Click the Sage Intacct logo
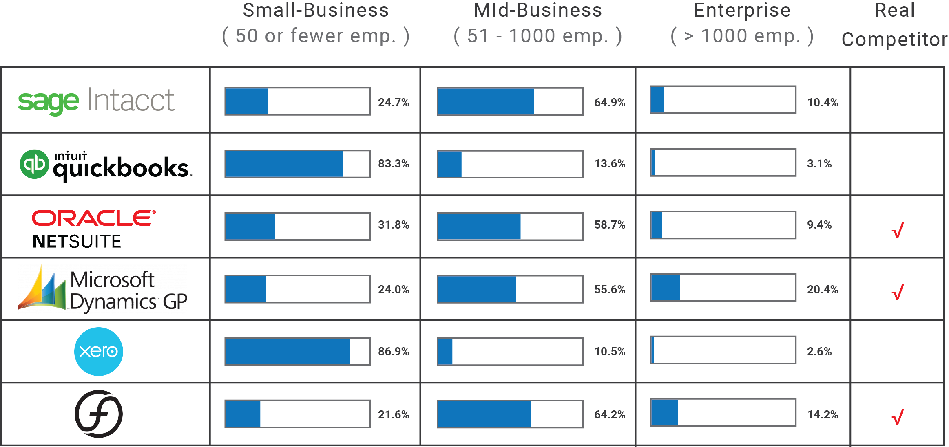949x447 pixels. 97,101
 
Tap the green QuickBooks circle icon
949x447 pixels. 34,164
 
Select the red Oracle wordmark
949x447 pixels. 93,218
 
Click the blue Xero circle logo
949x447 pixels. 98,351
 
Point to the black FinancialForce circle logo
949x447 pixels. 98,414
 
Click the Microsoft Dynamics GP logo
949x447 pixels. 102,289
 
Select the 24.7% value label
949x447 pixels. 393,102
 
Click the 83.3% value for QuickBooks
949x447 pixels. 393,164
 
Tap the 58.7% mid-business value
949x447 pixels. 609,225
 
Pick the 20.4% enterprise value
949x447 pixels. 822,289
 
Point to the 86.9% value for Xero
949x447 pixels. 393,351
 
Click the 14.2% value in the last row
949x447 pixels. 822,414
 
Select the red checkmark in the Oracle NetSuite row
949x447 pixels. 898,230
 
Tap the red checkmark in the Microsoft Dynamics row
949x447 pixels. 898,292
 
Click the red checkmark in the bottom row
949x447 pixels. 898,417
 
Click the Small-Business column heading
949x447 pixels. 316,11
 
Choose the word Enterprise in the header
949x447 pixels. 742,11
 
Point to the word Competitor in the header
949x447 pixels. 894,40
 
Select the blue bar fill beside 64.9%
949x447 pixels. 486,101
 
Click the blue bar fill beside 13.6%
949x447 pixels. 450,164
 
